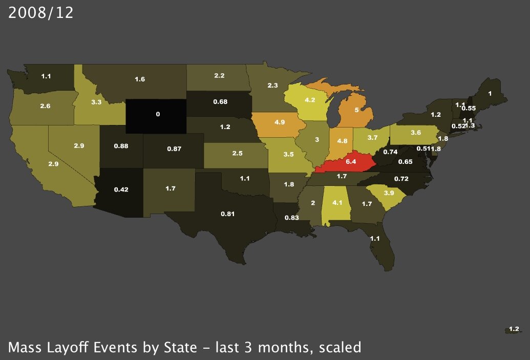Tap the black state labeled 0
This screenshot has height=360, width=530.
click(158, 115)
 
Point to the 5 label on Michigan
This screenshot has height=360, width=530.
click(356, 110)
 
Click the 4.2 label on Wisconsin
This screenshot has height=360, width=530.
click(310, 100)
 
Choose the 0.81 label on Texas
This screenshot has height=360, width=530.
click(228, 214)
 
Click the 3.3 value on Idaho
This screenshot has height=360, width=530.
click(96, 102)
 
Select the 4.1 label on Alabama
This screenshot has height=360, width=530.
click(337, 202)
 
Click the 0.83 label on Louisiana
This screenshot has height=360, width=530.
click(291, 218)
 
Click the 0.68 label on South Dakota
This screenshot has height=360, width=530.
click(220, 102)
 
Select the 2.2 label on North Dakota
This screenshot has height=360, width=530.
click(219, 75)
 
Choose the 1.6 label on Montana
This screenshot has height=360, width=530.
click(140, 79)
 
